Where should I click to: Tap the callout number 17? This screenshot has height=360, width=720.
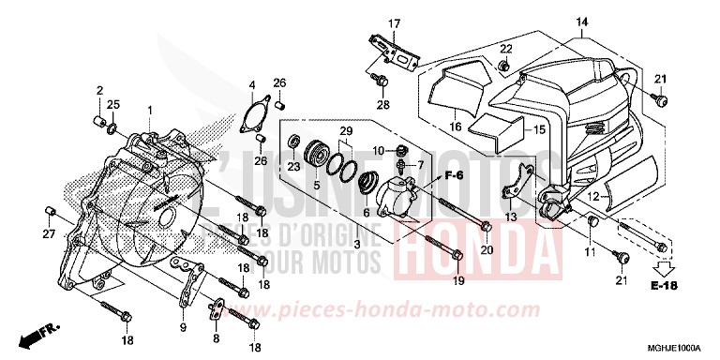pos(394,23)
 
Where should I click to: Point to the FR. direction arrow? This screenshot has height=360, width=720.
pos(37,332)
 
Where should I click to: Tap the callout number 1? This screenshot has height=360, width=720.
pos(148,112)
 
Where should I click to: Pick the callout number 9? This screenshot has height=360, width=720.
pos(183,328)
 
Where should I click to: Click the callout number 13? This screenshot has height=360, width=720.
pos(509,217)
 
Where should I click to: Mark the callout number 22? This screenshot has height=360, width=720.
pos(504,48)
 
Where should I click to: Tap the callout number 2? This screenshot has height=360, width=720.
pos(97,89)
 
